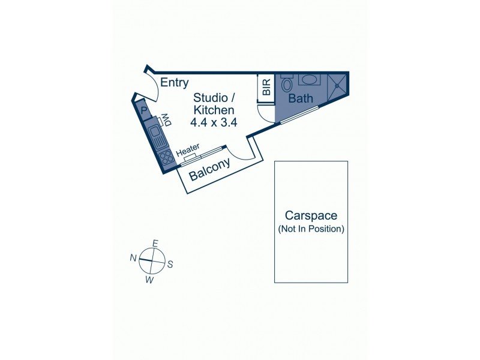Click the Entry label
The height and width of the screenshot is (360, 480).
click(174, 83)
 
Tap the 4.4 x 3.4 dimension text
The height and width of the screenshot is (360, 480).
click(214, 122)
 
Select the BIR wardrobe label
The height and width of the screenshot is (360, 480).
click(266, 87)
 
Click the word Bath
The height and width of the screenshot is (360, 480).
click(301, 98)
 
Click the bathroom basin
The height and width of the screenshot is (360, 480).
click(310, 80)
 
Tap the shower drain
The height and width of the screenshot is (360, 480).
click(337, 85)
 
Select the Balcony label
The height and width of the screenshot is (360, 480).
click(209, 170)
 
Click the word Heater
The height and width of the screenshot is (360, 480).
click(188, 149)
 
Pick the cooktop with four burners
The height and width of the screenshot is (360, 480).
click(167, 157)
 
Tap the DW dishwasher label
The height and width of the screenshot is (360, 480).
click(166, 119)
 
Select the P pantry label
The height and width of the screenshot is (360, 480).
click(144, 110)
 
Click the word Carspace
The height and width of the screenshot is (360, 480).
click(311, 215)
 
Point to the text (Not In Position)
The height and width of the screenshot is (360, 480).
click(311, 229)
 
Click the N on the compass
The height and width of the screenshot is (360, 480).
click(133, 258)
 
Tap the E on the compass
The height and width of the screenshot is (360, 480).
click(155, 244)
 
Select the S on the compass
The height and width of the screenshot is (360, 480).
click(170, 264)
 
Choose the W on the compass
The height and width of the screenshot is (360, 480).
click(149, 280)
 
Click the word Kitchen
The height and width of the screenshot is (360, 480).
click(214, 110)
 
